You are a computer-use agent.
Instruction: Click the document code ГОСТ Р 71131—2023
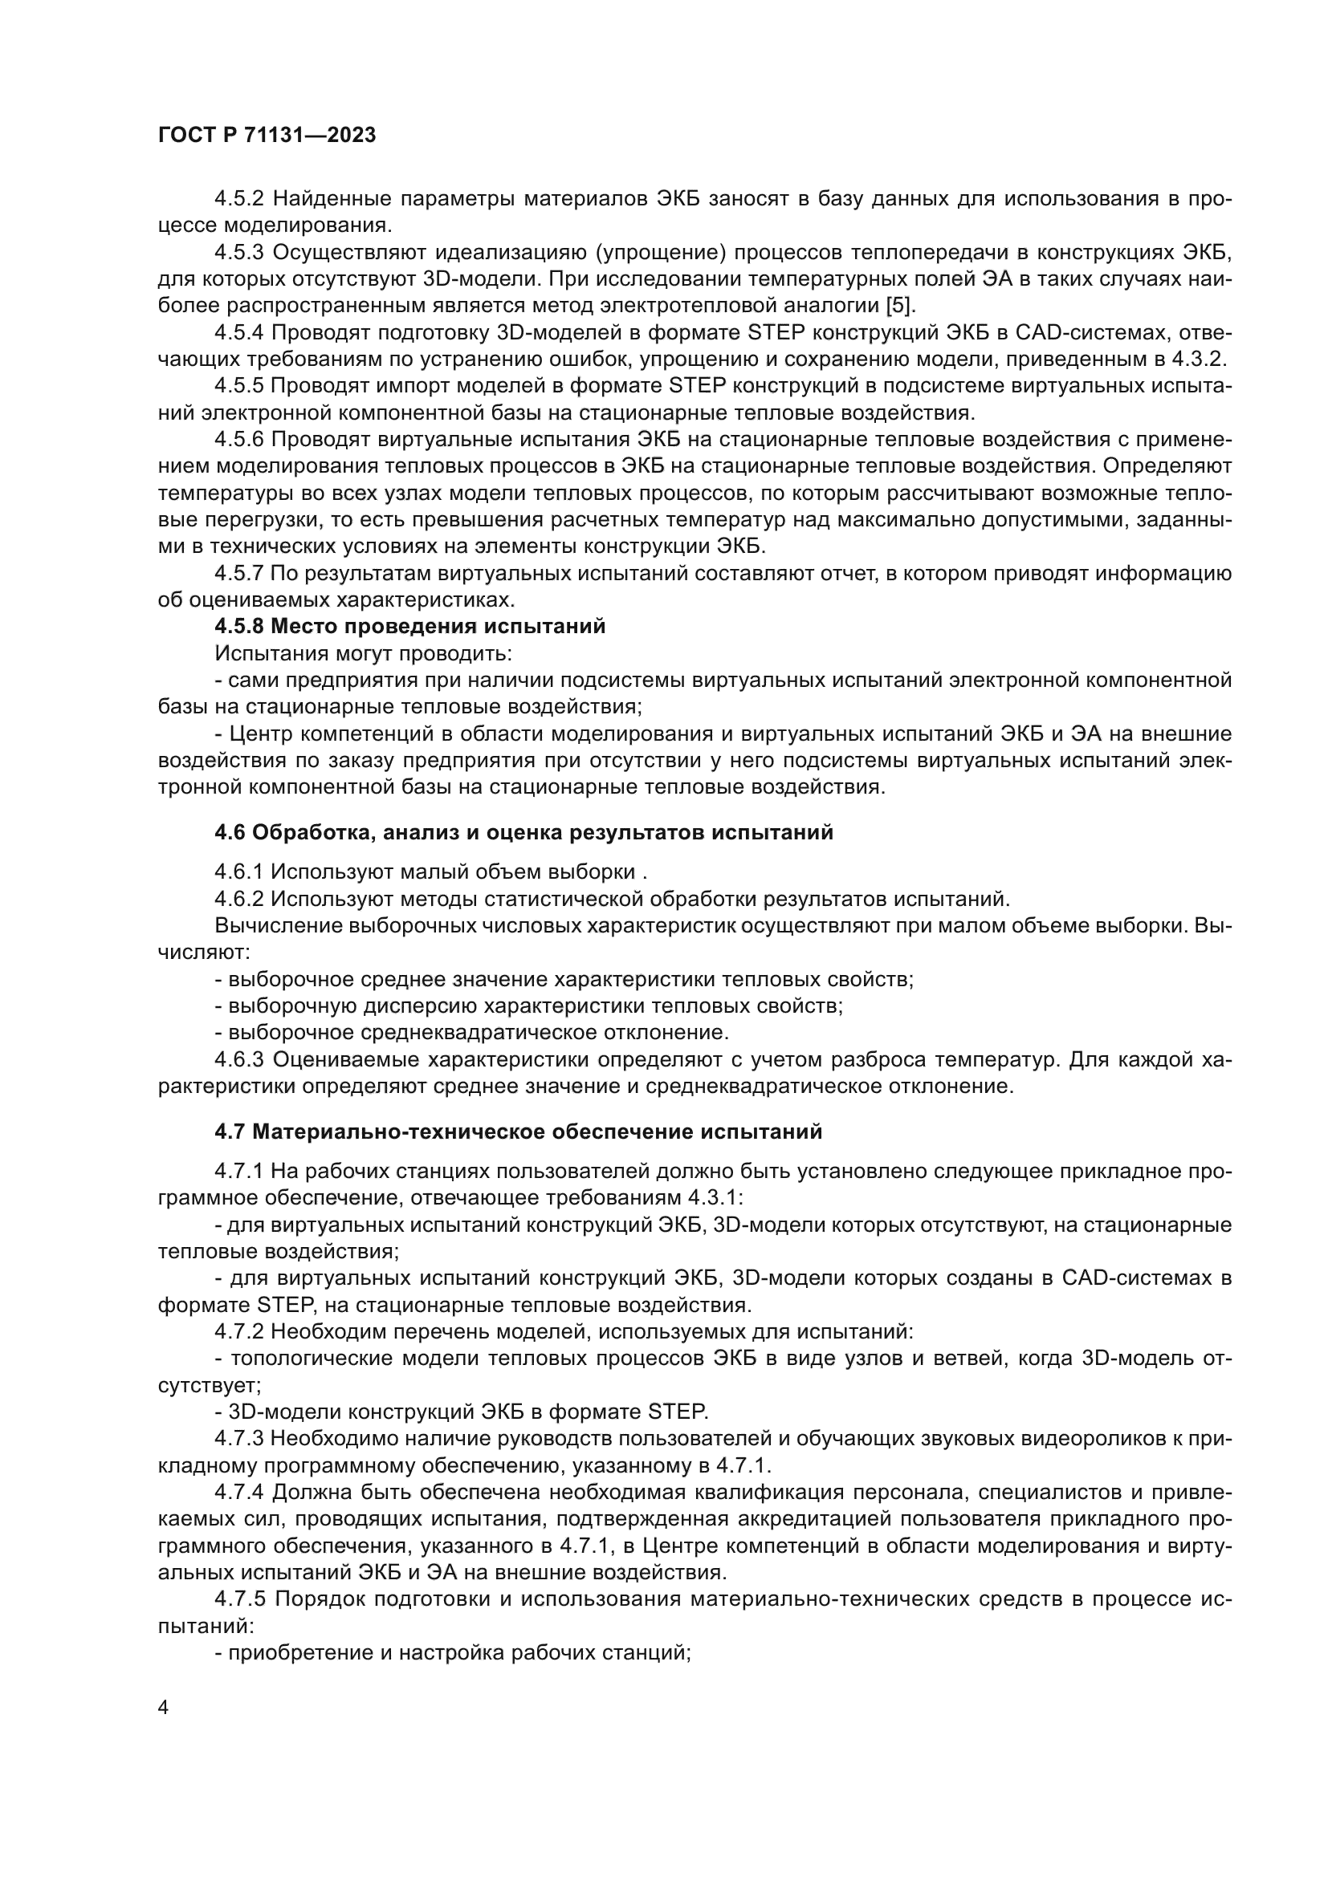pyautogui.click(x=267, y=136)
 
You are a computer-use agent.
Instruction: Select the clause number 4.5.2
pyautogui.click(x=239, y=199)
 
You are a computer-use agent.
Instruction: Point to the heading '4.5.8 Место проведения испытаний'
pyautogui.click(x=409, y=627)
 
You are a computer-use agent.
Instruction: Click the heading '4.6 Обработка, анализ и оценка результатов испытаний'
pyautogui.click(x=523, y=833)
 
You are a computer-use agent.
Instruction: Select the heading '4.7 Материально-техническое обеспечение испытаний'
pyautogui.click(x=518, y=1132)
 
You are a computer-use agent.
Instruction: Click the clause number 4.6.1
pyautogui.click(x=239, y=871)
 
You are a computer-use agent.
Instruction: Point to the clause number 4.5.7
pyautogui.click(x=239, y=574)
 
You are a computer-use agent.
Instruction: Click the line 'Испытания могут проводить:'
pyautogui.click(x=364, y=654)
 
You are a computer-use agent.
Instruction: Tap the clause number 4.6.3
pyautogui.click(x=239, y=1060)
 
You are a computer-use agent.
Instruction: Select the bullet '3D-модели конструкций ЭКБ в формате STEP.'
pyautogui.click(x=461, y=1412)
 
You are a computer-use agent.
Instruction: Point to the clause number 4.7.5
pyautogui.click(x=239, y=1599)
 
